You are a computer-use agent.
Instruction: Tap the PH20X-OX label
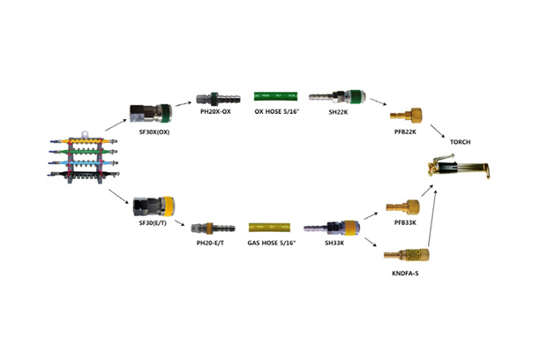[x=214, y=112]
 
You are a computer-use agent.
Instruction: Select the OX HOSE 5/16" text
[x=277, y=112]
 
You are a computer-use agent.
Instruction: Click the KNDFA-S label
[x=405, y=275]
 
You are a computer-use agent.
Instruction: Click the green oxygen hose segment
[x=277, y=94]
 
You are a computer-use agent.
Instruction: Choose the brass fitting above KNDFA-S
[x=407, y=257]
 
